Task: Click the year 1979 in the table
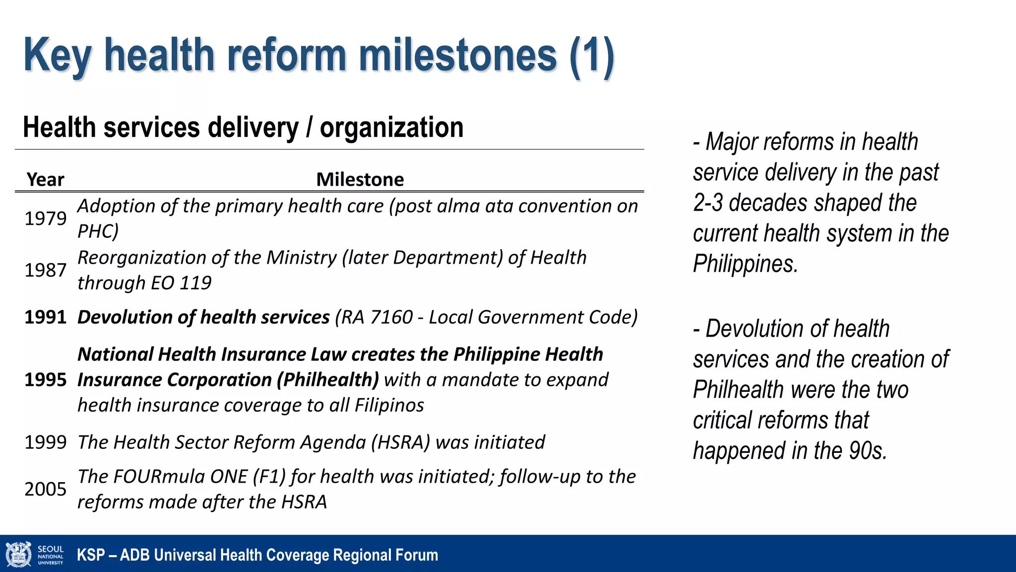45,218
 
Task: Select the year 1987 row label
45,270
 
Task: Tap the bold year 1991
45,317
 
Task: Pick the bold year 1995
45,380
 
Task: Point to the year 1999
45,442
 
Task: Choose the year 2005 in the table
45,489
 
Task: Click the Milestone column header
360,179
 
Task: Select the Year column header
45,179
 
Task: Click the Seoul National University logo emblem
18,554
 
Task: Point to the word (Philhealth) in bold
328,380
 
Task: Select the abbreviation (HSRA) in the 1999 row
400,442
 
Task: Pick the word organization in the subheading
391,128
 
